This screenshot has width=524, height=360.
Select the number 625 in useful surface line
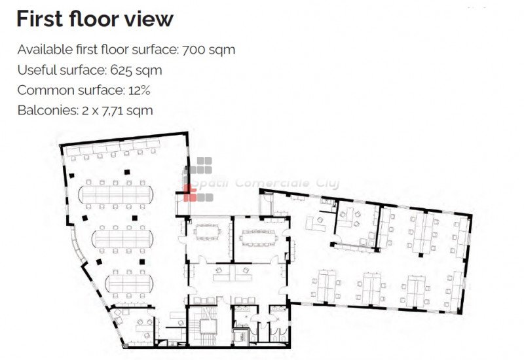(121, 70)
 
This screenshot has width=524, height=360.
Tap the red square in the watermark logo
(190, 193)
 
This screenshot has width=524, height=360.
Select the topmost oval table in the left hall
(116, 194)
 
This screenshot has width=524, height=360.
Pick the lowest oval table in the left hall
(129, 283)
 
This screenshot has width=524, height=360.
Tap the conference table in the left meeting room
(207, 232)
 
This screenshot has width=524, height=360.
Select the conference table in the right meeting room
(260, 238)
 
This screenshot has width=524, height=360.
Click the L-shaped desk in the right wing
(316, 224)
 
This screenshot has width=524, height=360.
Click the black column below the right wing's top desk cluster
(421, 255)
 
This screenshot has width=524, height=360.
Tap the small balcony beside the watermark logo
(183, 204)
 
